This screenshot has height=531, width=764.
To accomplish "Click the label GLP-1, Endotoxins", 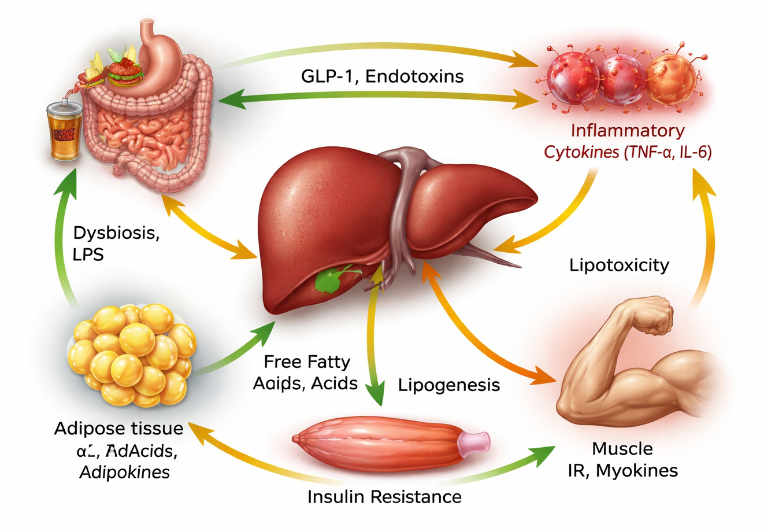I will (x=382, y=76).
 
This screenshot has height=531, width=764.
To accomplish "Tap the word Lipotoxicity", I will (x=619, y=265).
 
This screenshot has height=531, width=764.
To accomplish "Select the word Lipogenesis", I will (x=449, y=385).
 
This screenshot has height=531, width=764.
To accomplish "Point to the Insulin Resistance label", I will (x=384, y=496).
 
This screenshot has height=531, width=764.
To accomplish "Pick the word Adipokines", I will (x=124, y=472).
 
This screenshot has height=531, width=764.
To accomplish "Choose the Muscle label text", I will (x=622, y=448).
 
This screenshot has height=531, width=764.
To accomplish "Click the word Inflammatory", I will (x=627, y=131).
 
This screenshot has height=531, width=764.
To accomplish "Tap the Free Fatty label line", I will (x=307, y=362).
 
